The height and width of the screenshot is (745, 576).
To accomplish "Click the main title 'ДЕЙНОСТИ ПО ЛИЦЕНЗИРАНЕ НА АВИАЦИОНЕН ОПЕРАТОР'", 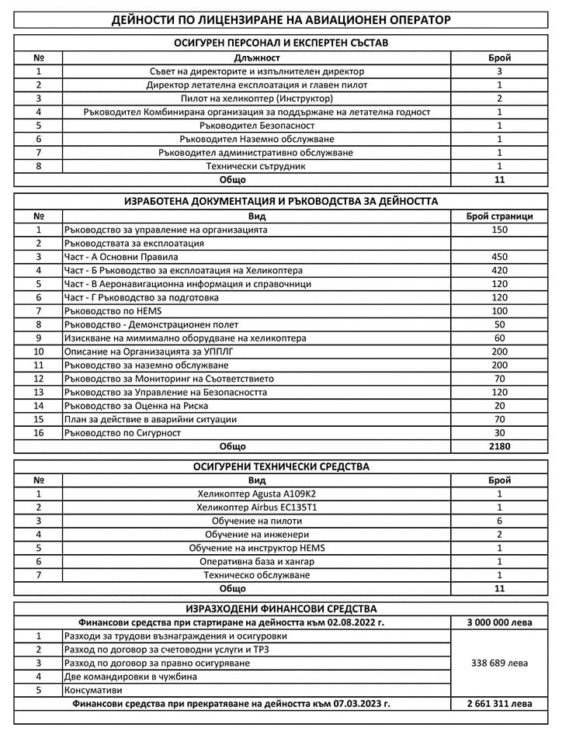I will click(280, 19).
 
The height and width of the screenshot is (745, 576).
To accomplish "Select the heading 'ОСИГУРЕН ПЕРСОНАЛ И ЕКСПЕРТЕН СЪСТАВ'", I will click(280, 43).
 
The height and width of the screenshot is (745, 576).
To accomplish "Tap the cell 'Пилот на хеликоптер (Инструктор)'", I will click(256, 99).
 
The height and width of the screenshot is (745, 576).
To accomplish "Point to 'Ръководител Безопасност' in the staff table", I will click(256, 125).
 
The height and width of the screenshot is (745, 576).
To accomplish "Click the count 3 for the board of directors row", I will click(499, 71).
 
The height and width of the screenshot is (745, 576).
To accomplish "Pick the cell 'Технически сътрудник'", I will click(256, 166).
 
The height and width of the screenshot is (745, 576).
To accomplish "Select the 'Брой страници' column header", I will click(499, 217).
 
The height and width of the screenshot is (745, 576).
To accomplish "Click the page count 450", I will click(499, 257).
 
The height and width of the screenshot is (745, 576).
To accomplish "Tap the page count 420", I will click(499, 271).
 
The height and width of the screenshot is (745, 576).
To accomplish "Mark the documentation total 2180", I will click(499, 447).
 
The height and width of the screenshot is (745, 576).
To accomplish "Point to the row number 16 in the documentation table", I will click(38, 433).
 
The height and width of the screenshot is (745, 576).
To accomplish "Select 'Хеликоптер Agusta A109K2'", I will click(256, 494).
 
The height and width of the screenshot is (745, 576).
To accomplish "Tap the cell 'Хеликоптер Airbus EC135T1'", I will click(256, 508).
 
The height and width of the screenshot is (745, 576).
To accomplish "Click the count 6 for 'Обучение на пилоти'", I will click(499, 521).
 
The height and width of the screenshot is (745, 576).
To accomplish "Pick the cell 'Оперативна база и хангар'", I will click(256, 561).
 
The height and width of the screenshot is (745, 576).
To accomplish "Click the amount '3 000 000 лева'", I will click(499, 622).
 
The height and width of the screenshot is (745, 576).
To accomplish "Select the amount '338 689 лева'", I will click(499, 664).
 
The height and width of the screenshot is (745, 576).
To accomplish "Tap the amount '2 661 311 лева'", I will click(499, 704).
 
